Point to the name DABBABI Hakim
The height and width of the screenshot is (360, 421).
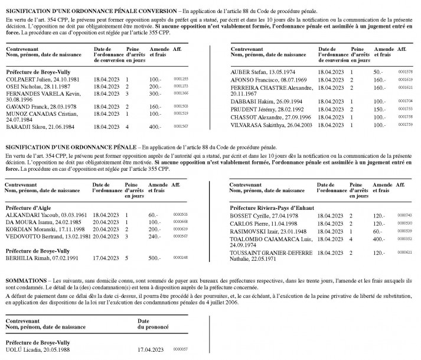[247, 101]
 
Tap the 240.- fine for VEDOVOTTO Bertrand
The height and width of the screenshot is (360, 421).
[154, 236]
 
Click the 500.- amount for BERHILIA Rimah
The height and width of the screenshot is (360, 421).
[155, 258]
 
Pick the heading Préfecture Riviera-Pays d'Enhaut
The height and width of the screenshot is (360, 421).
[266, 207]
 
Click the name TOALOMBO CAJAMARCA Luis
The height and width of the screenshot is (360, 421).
[270, 239]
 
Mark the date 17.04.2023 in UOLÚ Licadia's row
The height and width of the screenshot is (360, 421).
[150, 349]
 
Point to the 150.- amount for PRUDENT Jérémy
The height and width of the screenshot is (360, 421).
[380, 109]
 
